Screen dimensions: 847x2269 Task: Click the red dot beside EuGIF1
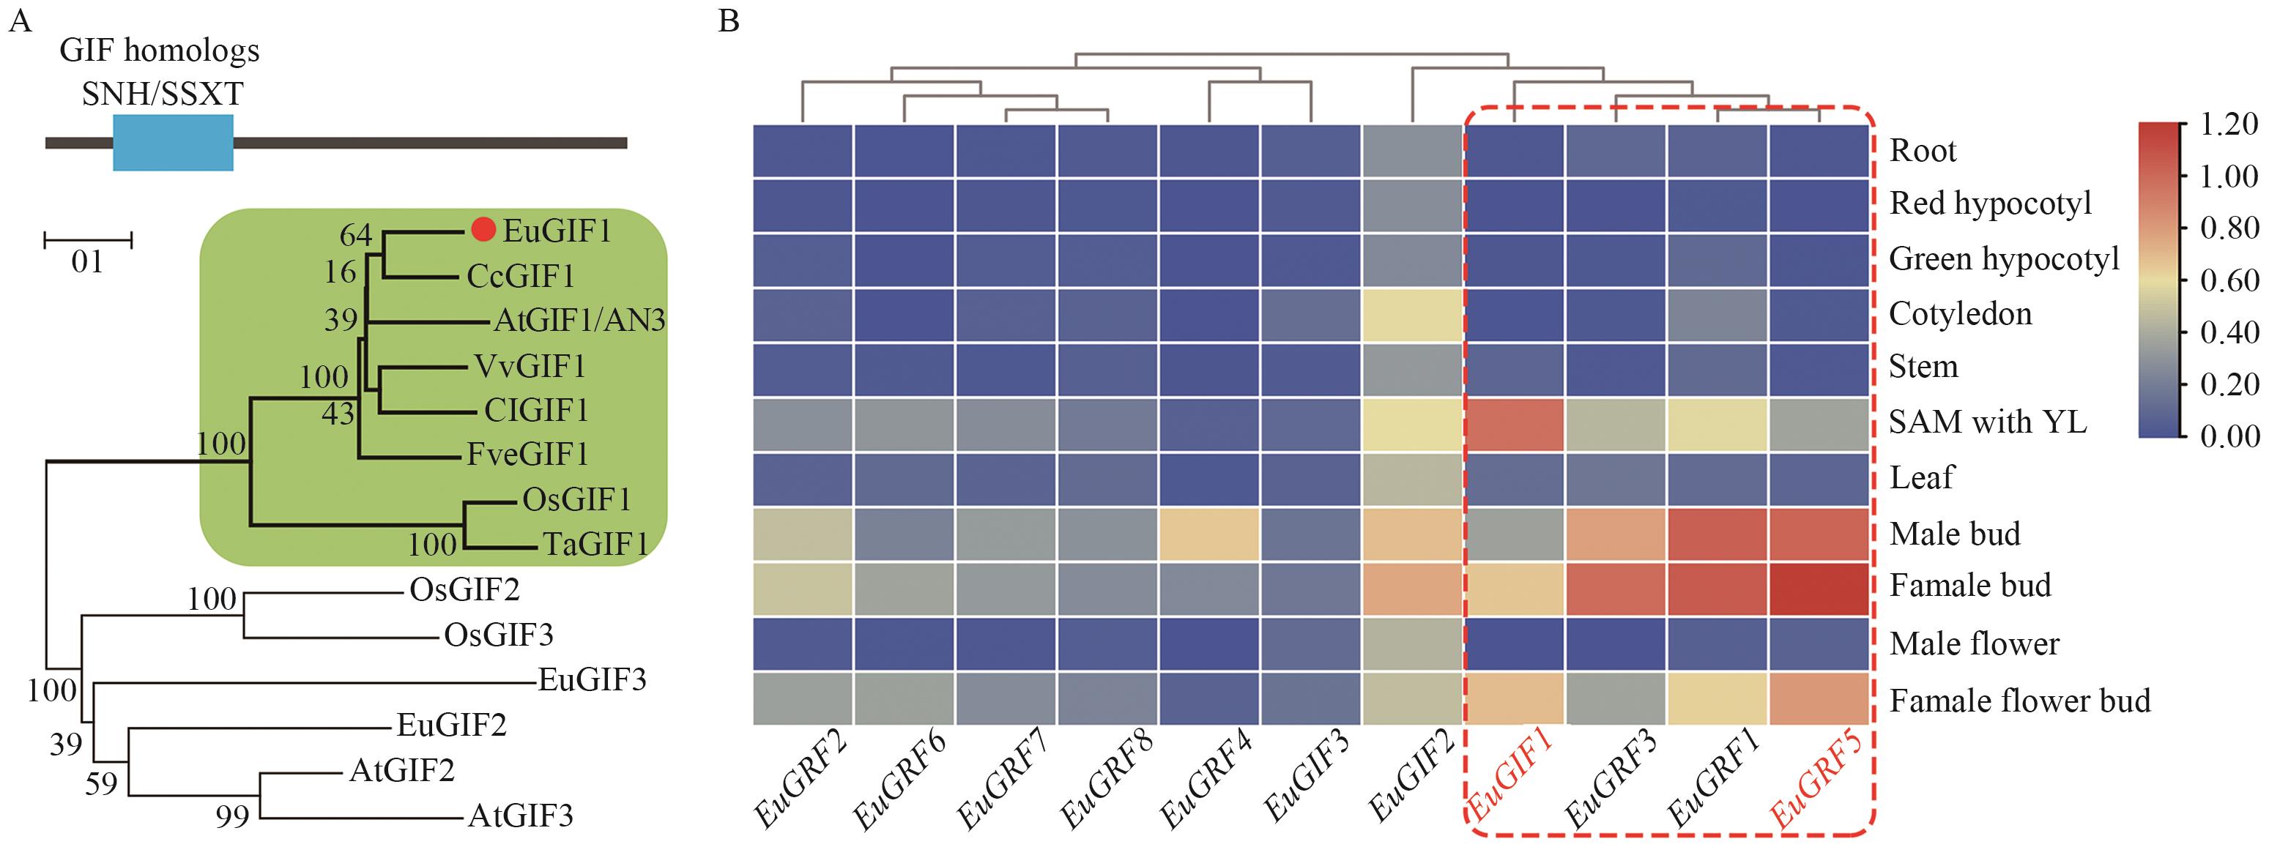click(483, 229)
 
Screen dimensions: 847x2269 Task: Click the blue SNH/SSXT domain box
click(173, 143)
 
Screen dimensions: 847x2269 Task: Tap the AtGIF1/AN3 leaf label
click(579, 321)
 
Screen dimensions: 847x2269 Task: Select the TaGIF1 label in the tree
click(595, 545)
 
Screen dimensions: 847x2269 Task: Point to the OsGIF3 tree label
click(499, 635)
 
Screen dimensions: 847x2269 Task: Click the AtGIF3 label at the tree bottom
click(520, 816)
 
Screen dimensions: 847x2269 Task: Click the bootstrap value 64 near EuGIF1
click(356, 235)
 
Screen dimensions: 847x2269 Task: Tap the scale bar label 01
click(87, 261)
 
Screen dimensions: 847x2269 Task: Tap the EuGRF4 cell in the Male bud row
click(1208, 534)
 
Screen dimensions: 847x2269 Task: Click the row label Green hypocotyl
click(2004, 259)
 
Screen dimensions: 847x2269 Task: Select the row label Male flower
click(1974, 643)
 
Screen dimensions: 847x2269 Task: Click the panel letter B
click(729, 21)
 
